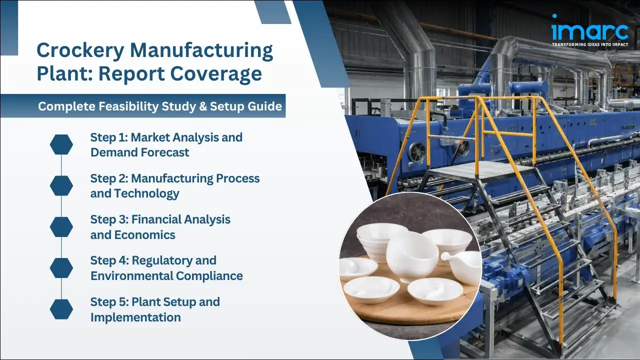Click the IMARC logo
(x=589, y=29)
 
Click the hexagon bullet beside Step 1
(x=61, y=144)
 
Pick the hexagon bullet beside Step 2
(x=61, y=185)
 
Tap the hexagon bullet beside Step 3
(x=61, y=227)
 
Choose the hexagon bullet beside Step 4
(x=61, y=268)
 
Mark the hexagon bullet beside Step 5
(x=61, y=309)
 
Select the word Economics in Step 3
(x=144, y=234)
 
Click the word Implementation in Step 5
(x=135, y=317)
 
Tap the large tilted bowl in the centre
(x=411, y=255)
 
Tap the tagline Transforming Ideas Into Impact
(x=589, y=44)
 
